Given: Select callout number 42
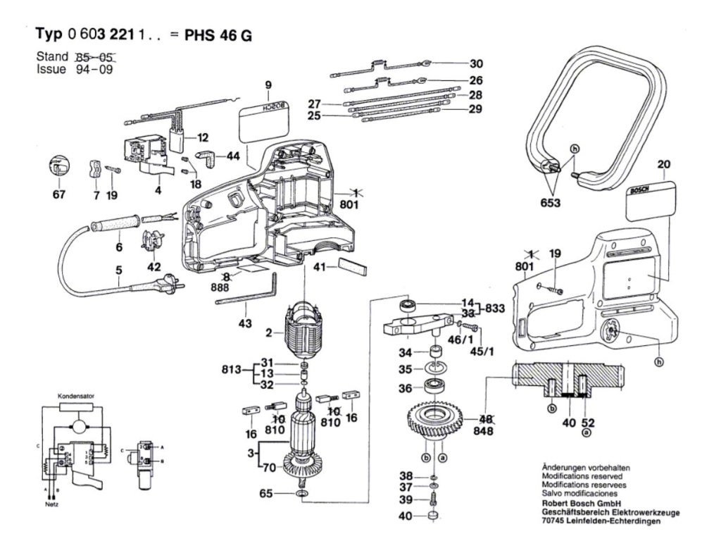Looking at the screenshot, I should tap(153, 267).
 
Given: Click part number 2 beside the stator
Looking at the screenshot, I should tap(269, 332).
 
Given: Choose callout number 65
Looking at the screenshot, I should tap(265, 494).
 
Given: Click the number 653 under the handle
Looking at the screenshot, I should tap(551, 204).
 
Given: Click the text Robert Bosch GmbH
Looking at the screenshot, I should tap(580, 504).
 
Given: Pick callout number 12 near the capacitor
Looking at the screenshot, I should tap(203, 137).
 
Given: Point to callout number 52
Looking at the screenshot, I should tap(589, 423).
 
